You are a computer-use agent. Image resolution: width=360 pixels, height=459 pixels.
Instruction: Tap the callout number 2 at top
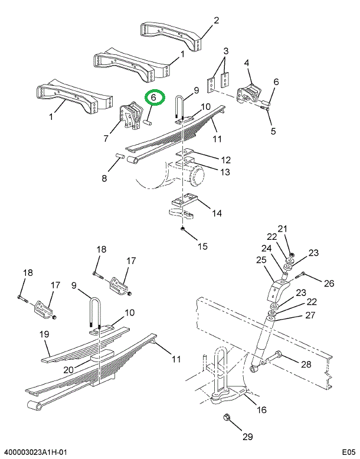[216, 21]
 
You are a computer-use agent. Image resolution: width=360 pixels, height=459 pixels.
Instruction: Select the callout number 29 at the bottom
[247, 437]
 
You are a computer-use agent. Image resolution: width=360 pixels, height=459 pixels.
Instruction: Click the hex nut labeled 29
[226, 416]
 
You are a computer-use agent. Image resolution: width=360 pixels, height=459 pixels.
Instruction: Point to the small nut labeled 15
[182, 229]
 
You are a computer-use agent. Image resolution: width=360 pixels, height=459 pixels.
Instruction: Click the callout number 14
[217, 213]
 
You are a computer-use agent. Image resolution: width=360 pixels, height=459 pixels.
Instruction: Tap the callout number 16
[261, 409]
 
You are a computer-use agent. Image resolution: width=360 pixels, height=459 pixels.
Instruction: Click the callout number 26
[329, 283]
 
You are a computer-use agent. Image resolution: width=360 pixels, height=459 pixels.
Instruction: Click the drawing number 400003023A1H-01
[33, 453]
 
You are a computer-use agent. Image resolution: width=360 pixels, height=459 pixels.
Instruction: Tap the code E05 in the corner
[349, 453]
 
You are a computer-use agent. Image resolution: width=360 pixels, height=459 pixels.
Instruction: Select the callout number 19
[44, 334]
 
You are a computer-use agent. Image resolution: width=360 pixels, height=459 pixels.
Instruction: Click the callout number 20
[68, 370]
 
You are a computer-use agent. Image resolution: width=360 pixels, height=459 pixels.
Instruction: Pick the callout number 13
[225, 172]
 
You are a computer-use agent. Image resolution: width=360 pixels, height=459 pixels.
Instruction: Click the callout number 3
[226, 51]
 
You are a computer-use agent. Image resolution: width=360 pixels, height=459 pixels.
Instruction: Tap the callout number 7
[106, 138]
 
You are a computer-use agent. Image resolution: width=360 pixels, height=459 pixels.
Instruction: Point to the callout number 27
[310, 315]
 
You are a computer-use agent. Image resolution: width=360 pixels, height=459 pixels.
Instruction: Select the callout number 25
[261, 260]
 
